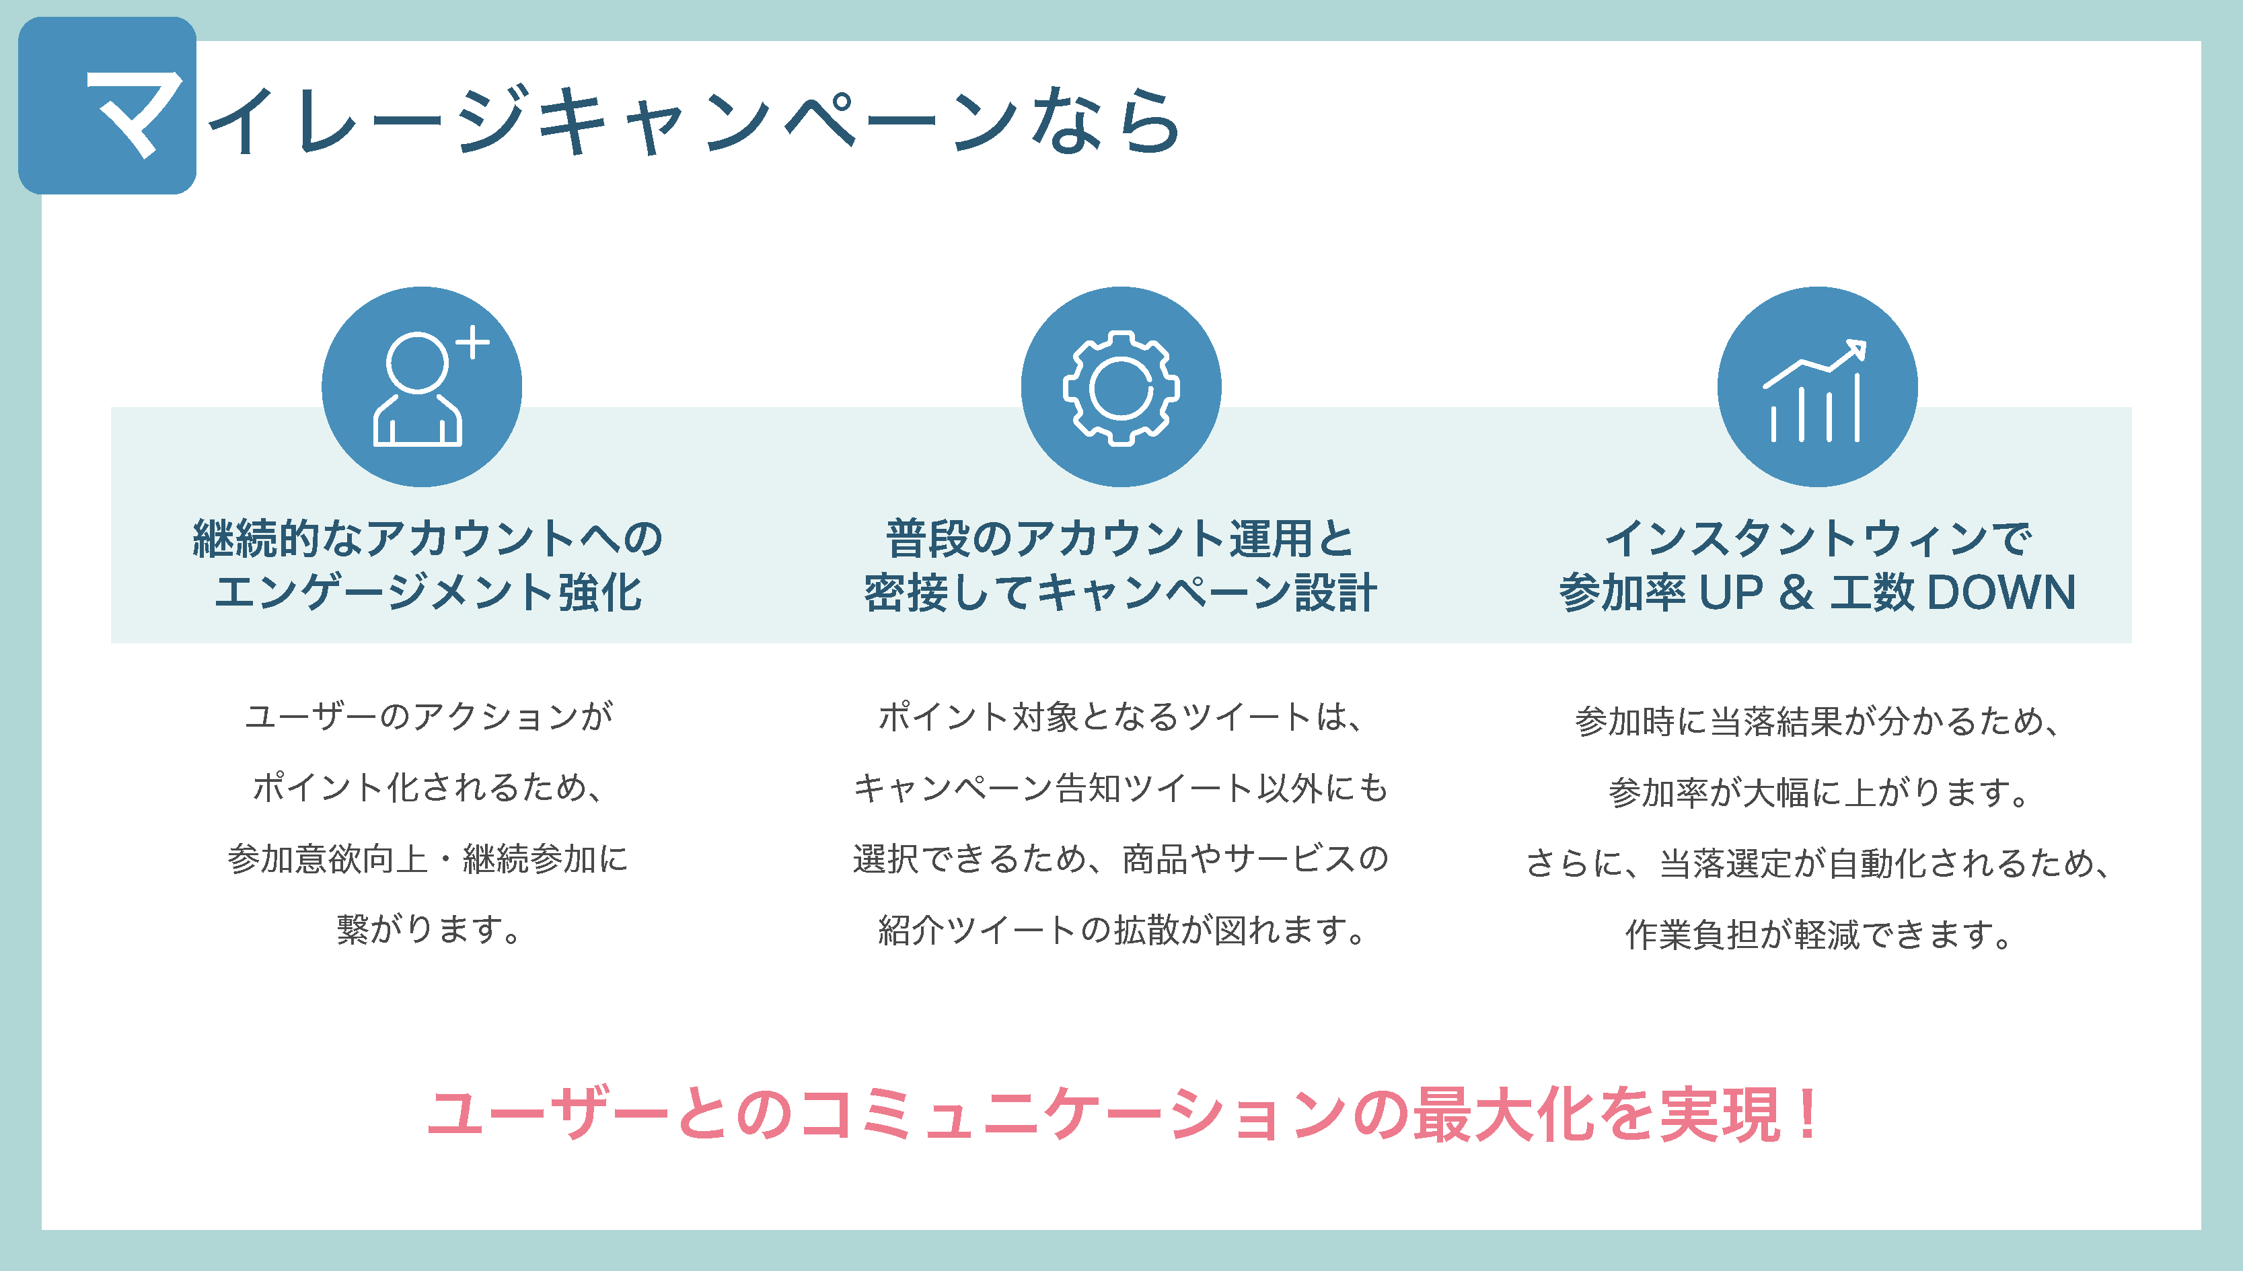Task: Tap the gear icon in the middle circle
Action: (1121, 388)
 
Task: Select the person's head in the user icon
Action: (418, 361)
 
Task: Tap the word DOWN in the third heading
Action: (2001, 592)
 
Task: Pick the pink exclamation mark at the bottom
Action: (1808, 1113)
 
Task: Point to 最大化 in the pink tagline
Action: (1505, 1114)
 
